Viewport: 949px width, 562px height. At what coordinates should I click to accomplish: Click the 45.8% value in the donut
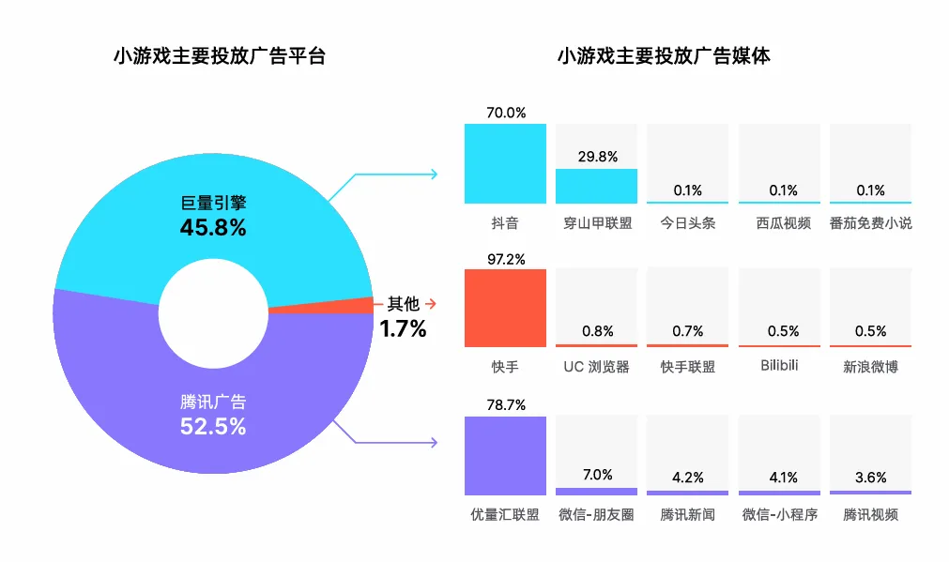(x=213, y=227)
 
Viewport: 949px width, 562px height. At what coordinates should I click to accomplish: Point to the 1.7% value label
(x=403, y=328)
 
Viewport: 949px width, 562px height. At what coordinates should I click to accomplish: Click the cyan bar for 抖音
(x=505, y=163)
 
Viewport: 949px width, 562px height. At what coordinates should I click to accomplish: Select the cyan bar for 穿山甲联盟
(x=597, y=186)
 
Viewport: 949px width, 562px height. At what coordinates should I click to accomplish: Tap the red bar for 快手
(x=505, y=308)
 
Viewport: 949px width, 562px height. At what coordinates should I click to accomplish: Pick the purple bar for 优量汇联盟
(x=505, y=456)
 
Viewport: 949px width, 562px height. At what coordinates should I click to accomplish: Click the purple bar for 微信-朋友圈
(x=597, y=492)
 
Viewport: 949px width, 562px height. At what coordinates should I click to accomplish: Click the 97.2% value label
(x=506, y=259)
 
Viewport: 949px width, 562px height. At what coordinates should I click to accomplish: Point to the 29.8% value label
(x=597, y=157)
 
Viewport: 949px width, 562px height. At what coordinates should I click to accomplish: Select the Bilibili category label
(x=779, y=365)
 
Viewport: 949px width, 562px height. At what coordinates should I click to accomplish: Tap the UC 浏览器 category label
(x=596, y=367)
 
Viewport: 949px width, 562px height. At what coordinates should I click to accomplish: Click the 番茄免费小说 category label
(x=870, y=223)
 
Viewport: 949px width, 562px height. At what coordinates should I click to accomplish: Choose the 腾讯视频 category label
(x=870, y=514)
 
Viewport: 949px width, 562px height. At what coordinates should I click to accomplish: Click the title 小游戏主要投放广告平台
(x=220, y=55)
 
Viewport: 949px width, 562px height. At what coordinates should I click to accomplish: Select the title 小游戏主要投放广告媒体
(x=664, y=55)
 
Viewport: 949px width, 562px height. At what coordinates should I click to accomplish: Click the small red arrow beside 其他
(x=430, y=303)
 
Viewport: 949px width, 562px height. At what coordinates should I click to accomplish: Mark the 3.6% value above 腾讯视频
(x=870, y=478)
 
